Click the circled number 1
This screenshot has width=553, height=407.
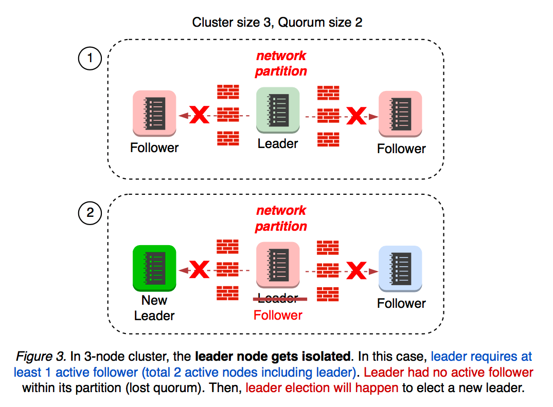[90, 59]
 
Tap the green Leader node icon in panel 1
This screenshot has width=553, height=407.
[278, 109]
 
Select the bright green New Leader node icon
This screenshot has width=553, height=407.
[154, 267]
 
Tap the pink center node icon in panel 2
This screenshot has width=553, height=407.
[278, 265]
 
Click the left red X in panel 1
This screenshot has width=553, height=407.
[200, 116]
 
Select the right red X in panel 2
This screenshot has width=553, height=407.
[355, 271]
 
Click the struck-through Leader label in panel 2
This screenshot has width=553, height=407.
[278, 299]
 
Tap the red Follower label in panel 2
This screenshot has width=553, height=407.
[278, 315]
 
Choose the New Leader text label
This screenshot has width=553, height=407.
[154, 308]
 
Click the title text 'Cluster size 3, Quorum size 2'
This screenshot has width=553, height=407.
[277, 23]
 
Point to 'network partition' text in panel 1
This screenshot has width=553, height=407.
[281, 63]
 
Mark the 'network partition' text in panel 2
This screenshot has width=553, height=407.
[281, 218]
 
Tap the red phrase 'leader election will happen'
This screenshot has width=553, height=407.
[323, 387]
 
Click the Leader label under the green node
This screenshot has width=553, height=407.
[278, 144]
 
